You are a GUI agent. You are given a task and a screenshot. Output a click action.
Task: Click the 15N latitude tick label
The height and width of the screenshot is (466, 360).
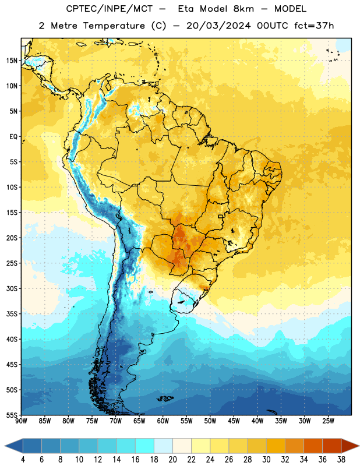pos(12,61)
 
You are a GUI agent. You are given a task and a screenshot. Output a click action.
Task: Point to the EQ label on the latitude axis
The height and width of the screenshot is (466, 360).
pos(13,137)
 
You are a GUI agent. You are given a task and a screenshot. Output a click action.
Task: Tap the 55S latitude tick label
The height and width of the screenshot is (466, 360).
pos(12,415)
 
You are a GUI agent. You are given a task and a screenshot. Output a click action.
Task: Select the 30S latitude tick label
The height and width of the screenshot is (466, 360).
pos(12,288)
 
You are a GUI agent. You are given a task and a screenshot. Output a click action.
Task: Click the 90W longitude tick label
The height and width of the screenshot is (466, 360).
pos(21,421)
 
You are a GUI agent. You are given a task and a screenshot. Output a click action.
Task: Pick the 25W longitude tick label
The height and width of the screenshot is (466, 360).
pos(328,421)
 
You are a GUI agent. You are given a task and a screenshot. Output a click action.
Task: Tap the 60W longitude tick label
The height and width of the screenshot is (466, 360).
pos(163,421)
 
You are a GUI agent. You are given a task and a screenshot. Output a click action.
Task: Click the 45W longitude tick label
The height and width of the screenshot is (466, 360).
pos(234,421)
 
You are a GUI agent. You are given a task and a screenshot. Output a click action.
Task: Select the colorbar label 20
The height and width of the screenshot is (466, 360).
pos(172,460)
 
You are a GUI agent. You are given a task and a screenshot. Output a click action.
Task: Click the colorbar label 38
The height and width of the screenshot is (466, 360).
pos(341,460)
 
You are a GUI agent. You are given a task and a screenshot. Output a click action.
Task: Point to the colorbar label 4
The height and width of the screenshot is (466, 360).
pos(23,460)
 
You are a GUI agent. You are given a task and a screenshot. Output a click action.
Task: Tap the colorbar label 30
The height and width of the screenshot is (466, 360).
pos(266,460)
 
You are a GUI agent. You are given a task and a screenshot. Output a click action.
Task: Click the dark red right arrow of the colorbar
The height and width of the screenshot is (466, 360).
pos(350,446)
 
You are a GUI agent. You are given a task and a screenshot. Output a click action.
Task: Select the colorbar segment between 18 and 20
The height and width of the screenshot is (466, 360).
pos(163,446)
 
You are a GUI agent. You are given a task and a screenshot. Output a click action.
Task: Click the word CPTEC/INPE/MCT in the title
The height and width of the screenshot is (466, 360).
pos(109,9)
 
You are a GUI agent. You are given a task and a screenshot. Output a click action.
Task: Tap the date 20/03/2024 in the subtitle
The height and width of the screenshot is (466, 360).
pos(218,26)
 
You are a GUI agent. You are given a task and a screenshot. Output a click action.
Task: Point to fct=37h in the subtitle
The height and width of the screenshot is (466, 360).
pos(314,26)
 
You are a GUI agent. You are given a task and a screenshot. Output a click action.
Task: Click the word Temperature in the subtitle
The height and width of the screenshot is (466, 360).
pos(114,26)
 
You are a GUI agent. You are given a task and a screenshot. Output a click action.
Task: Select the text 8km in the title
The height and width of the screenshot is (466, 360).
pos(243,9)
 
